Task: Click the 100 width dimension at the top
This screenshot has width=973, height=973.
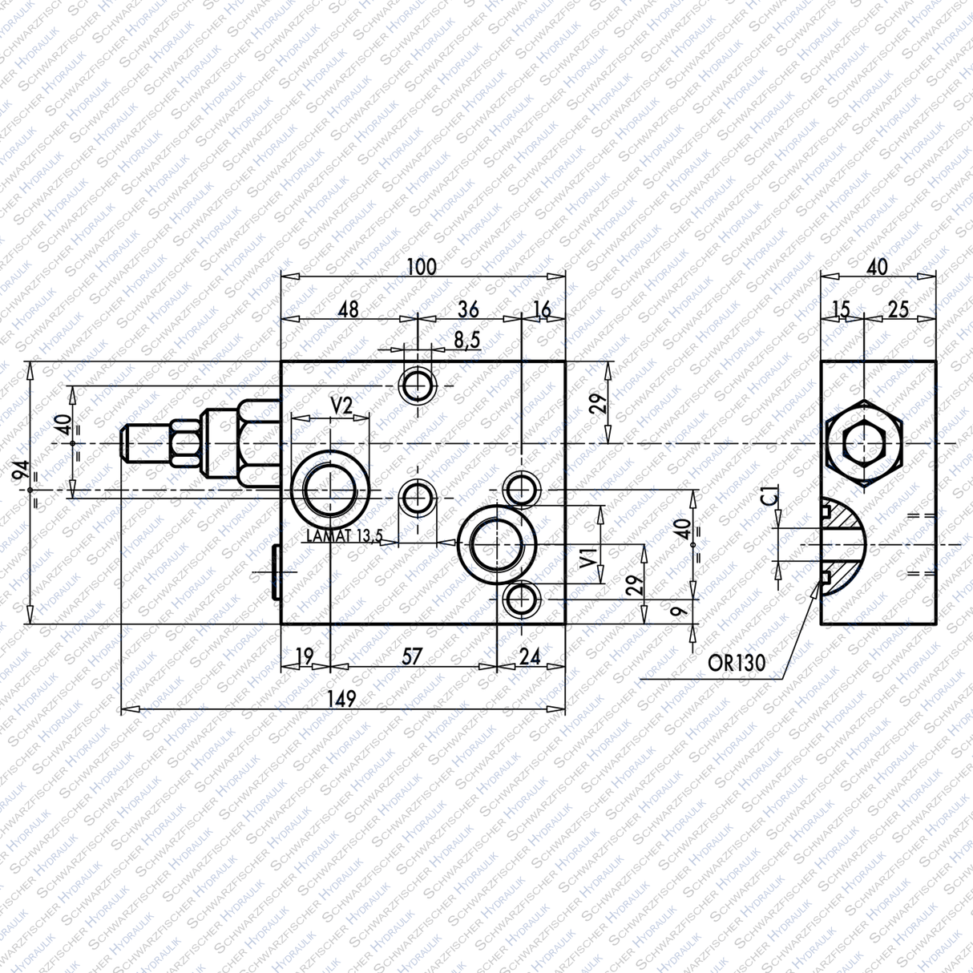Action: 422,266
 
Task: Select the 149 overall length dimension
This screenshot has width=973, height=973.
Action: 342,699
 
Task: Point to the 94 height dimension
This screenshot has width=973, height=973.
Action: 20,473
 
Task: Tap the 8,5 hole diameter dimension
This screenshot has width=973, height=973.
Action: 466,340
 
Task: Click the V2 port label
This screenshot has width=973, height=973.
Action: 341,406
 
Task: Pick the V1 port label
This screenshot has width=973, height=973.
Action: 587,557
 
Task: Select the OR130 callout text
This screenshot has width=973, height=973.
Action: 737,663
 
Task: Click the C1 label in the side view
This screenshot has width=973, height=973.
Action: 769,498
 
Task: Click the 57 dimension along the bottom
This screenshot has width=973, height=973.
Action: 412,656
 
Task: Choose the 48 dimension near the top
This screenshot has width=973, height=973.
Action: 348,309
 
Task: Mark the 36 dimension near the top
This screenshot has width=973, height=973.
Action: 468,309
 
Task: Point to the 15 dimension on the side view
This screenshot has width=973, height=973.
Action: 841,309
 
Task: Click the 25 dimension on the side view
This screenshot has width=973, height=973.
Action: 898,309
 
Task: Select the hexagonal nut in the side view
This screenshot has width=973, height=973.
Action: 863,443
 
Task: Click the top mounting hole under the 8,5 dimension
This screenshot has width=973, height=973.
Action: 417,386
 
